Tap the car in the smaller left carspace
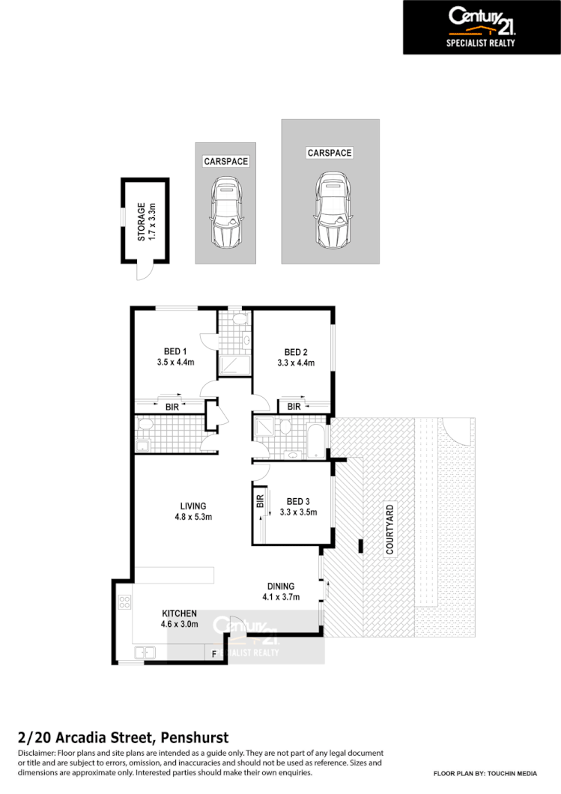(225, 213)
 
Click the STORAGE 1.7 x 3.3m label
(145, 221)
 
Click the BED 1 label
(175, 352)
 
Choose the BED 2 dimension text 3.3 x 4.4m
(296, 363)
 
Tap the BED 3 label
(297, 501)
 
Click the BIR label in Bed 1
(172, 407)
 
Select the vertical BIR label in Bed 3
(260, 501)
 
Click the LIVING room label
(192, 506)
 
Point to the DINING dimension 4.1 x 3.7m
(281, 597)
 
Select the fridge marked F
(214, 655)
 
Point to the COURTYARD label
(389, 530)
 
